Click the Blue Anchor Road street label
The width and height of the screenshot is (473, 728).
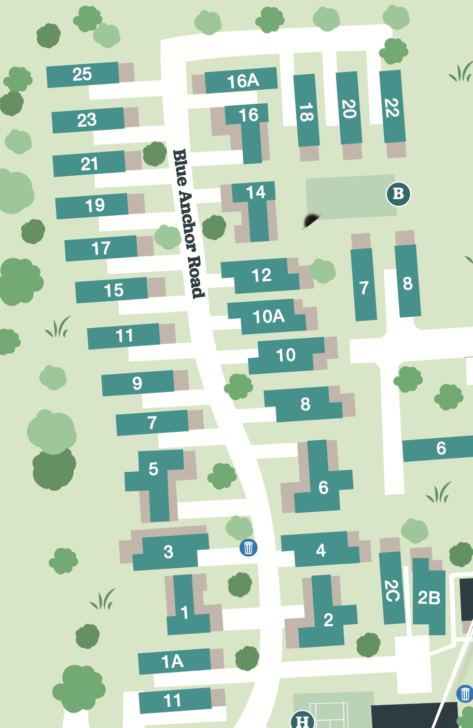tap(189, 223)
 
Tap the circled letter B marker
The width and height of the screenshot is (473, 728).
tap(398, 194)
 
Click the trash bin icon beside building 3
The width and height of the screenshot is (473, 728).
tap(248, 547)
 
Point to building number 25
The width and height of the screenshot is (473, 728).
tap(82, 74)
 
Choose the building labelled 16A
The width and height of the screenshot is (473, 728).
tap(243, 81)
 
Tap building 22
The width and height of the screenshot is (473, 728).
tap(392, 107)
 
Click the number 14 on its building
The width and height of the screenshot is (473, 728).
tap(256, 192)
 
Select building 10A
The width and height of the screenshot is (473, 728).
tap(268, 316)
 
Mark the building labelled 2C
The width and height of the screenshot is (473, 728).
tap(392, 590)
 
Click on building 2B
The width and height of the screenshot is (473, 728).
tap(429, 598)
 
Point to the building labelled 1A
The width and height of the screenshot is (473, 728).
tap(173, 661)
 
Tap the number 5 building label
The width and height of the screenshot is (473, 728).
tap(154, 469)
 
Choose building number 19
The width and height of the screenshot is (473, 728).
tap(95, 206)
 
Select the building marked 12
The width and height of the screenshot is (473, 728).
tap(261, 275)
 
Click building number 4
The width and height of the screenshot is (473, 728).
tap(321, 550)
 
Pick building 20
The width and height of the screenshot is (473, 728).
tap(349, 108)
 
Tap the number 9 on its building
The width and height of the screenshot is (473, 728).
tap(137, 383)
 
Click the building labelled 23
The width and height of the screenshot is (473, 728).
tap(87, 120)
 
